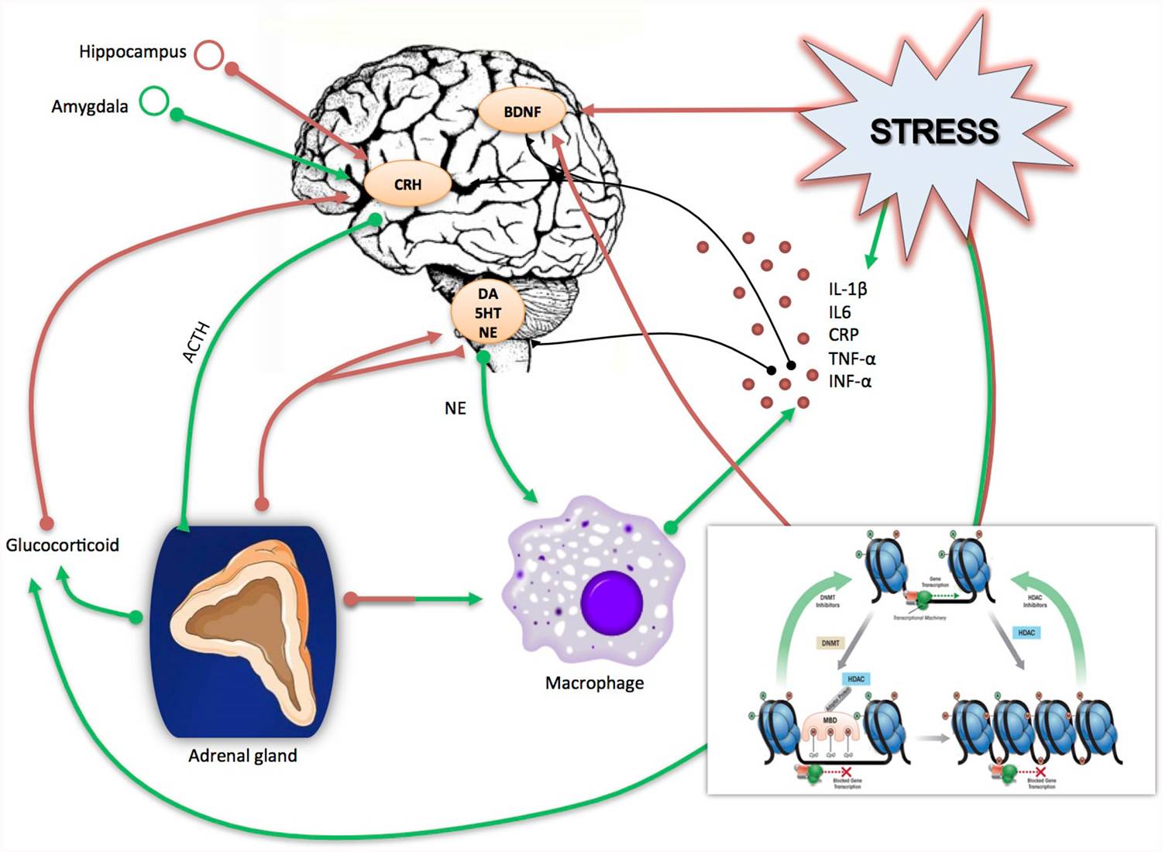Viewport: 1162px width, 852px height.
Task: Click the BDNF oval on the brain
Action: point(521,112)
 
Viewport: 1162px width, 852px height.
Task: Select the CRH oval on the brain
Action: point(407,185)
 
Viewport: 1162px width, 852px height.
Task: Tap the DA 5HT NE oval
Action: point(487,313)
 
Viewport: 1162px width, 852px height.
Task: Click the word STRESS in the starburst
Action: point(934,132)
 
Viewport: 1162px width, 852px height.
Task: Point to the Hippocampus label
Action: point(132,52)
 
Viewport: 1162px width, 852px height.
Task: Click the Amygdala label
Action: point(90,107)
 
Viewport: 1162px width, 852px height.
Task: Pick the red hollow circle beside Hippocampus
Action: point(208,54)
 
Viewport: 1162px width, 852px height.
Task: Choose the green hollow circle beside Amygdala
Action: point(154,101)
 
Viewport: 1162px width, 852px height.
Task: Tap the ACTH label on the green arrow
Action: point(196,342)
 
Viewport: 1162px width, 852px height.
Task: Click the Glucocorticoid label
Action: point(63,545)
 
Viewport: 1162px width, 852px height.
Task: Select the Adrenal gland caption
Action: point(242,756)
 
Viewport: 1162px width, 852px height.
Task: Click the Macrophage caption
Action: point(594,683)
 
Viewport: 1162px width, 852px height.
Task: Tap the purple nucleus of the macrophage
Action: point(611,602)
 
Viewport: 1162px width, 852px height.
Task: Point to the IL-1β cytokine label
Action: point(847,289)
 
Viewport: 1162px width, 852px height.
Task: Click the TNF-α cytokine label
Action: point(851,359)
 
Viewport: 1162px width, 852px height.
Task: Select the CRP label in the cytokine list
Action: point(843,335)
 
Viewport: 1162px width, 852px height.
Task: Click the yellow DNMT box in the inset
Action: point(830,643)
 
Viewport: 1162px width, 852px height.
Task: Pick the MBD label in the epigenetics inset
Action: point(830,720)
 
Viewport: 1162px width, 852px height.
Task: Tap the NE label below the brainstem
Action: point(456,408)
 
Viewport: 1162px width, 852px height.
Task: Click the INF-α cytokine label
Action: point(850,381)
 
